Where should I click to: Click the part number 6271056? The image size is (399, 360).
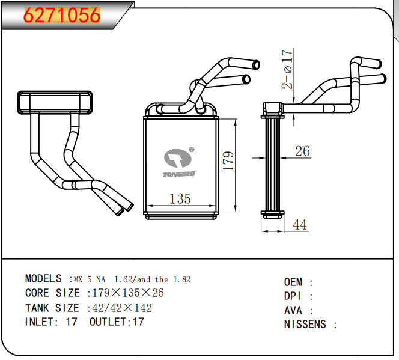pyautogui.click(x=61, y=14)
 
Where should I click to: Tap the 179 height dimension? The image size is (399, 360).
pyautogui.click(x=228, y=161)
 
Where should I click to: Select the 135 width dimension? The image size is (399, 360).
pyautogui.click(x=180, y=198)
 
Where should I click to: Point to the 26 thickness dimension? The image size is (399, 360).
pyautogui.click(x=303, y=151)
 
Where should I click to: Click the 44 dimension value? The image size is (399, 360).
pyautogui.click(x=299, y=225)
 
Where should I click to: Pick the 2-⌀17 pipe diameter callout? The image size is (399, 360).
pyautogui.click(x=289, y=69)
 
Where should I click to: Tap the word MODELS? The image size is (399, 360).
pyautogui.click(x=43, y=279)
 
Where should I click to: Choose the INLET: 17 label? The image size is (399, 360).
pyautogui.click(x=51, y=322)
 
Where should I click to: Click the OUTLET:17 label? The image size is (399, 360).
pyautogui.click(x=117, y=322)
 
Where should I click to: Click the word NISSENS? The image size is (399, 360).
pyautogui.click(x=305, y=325)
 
